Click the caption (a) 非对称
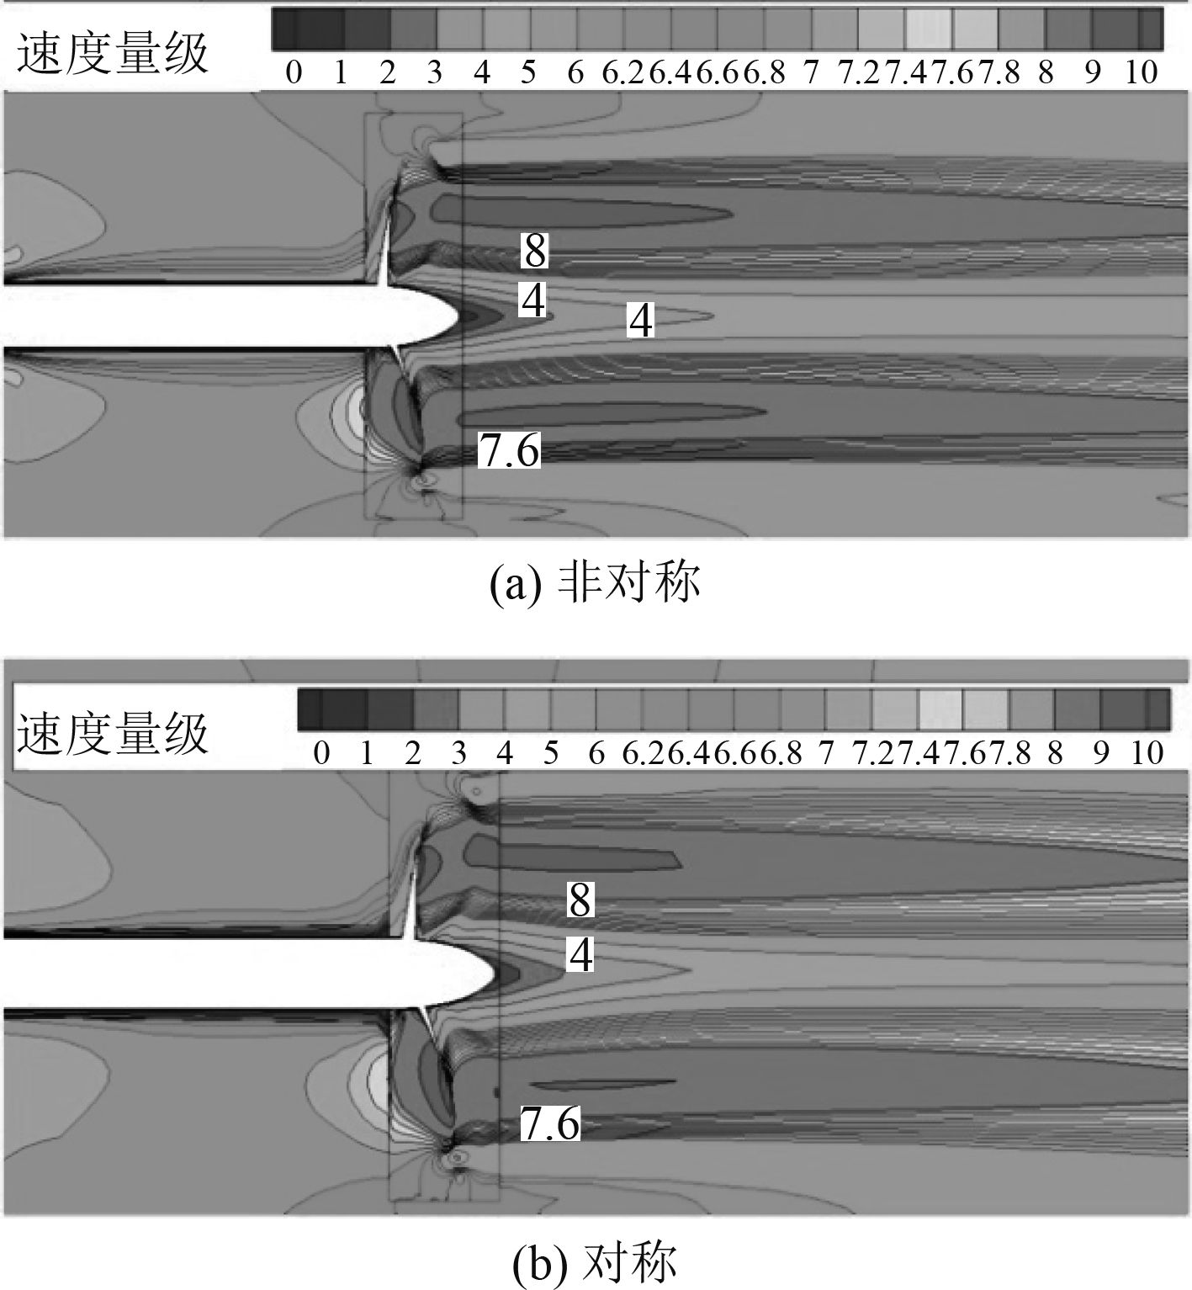tap(595, 583)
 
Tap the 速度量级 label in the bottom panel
tap(113, 734)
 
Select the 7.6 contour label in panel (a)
tap(509, 450)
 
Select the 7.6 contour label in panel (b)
tap(550, 1123)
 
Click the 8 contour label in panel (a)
tap(534, 250)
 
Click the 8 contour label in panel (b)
tap(580, 900)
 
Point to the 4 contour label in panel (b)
tap(580, 954)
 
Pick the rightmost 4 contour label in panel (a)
tap(641, 321)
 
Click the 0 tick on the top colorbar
tap(294, 73)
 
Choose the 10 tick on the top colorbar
tap(1141, 73)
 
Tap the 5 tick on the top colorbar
tap(527, 73)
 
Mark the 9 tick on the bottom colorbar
tap(1101, 751)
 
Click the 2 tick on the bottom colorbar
tap(412, 751)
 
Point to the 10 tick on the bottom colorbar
tap(1147, 751)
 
